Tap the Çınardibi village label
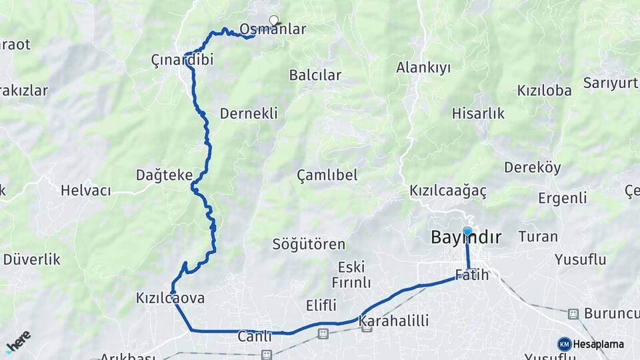coord(182,60)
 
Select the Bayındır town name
coord(466,237)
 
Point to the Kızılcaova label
coord(170,298)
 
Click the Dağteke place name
coord(164,175)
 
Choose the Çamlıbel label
coord(327,175)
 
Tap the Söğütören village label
coord(309,245)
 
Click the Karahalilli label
coord(393,321)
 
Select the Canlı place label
coord(255,337)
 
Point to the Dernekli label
coord(249,113)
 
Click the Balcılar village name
coord(315,75)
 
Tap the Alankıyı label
coord(423,67)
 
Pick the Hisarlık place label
coord(478,113)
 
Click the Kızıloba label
coord(544,90)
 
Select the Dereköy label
coord(532,167)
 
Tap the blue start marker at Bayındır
coord(467,231)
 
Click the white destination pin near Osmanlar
coord(273,20)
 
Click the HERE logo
coord(18,341)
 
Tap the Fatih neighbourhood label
coord(472,275)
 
